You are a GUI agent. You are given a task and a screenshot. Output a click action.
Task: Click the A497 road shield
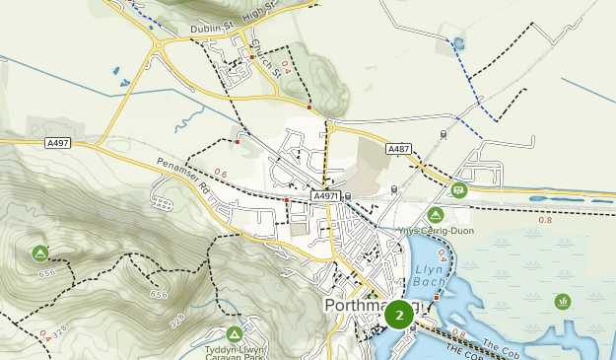[x=59, y=143]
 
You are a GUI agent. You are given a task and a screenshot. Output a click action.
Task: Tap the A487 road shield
[x=399, y=149]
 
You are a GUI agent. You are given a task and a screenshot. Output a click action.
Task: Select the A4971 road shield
[x=326, y=196]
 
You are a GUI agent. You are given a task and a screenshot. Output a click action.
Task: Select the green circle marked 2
[x=399, y=315]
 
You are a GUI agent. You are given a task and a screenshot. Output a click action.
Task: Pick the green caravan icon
[x=459, y=189]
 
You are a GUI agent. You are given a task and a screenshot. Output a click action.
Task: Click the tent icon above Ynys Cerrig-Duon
[x=435, y=214]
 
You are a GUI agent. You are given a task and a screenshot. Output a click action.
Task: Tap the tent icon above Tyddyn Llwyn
[x=235, y=333]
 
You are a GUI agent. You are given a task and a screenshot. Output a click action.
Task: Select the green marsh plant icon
[x=563, y=301]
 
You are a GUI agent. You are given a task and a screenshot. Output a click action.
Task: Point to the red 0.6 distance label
[x=220, y=175]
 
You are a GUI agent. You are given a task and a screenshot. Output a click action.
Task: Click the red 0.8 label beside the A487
[x=545, y=220]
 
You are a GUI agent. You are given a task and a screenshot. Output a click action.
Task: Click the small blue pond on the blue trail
[x=459, y=43]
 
